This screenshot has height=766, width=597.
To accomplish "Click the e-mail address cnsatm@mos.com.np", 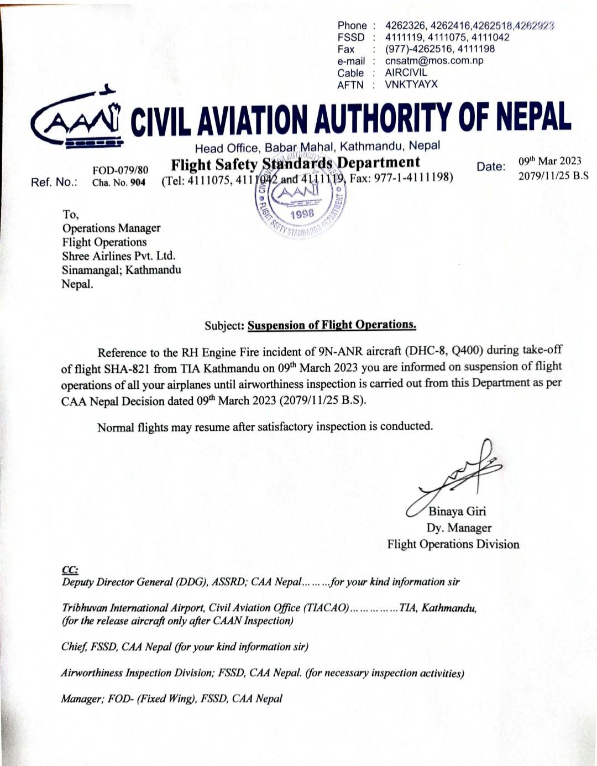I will point(434,61).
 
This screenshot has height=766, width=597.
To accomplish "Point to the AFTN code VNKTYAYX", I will point(411,85).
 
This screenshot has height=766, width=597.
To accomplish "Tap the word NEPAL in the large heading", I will point(533,118).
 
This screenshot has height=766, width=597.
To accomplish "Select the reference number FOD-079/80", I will point(120,170).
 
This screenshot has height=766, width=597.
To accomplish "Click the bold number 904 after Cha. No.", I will point(138,183).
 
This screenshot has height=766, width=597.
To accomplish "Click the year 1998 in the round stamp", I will point(301,214).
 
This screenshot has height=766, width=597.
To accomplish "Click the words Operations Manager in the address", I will point(111,228).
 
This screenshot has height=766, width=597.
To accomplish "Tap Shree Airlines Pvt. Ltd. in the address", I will point(118,256).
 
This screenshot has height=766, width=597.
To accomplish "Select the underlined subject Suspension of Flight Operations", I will point(332,325).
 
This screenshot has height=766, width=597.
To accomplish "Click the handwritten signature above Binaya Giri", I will point(457,473).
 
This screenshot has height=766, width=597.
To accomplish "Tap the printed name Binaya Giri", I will point(457,511).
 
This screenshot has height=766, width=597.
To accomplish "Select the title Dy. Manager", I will point(459,528).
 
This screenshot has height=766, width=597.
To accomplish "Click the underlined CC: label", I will point(70,570).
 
